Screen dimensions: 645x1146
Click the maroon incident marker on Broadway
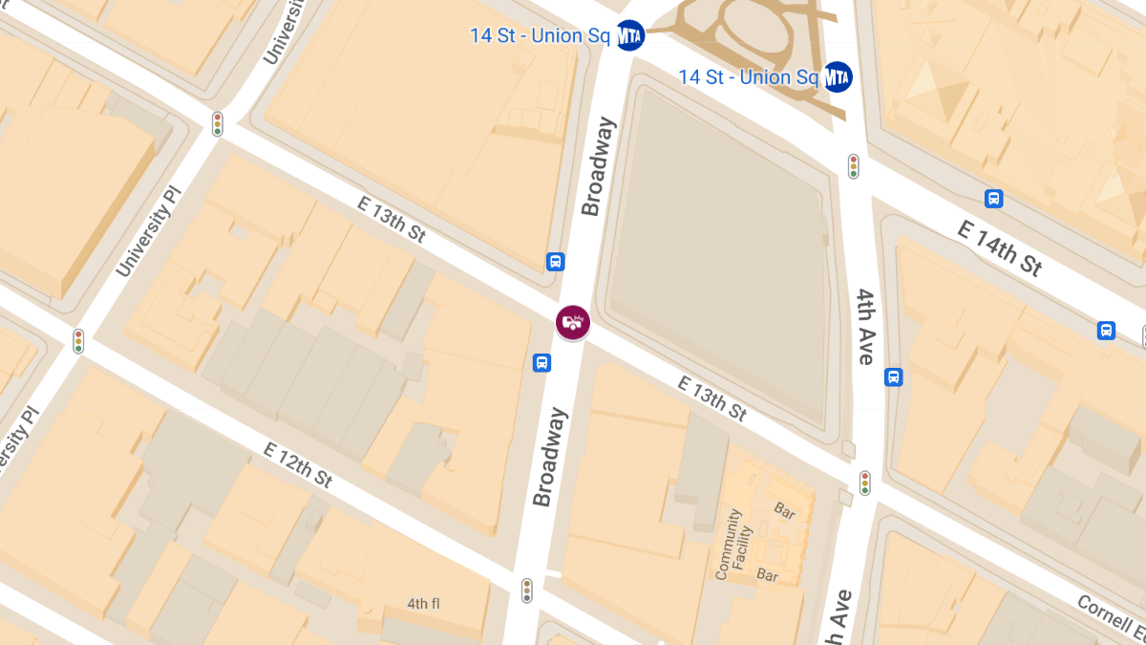coord(573,322)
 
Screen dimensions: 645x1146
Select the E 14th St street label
coord(1000,246)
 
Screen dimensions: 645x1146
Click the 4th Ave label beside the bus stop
coord(865,326)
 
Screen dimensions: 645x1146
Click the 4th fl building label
coord(423,604)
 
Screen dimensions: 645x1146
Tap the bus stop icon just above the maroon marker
coord(555,262)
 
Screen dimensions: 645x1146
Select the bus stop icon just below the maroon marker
coord(541,362)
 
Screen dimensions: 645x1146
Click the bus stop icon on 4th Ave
coord(894,376)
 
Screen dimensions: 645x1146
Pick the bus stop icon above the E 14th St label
coord(994,199)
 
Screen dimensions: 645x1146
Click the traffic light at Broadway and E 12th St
coord(526,591)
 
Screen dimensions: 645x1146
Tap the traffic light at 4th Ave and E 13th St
coord(865,483)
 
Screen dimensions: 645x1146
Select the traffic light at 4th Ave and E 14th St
coord(854,166)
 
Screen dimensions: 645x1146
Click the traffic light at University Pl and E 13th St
coord(218,124)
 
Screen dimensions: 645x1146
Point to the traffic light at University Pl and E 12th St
coord(78,341)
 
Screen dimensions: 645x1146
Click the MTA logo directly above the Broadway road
coord(629,35)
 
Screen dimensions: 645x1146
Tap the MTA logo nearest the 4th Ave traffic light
coord(838,76)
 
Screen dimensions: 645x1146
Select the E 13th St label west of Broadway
coord(392,219)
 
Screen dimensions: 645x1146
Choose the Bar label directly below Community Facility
coord(768,574)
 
